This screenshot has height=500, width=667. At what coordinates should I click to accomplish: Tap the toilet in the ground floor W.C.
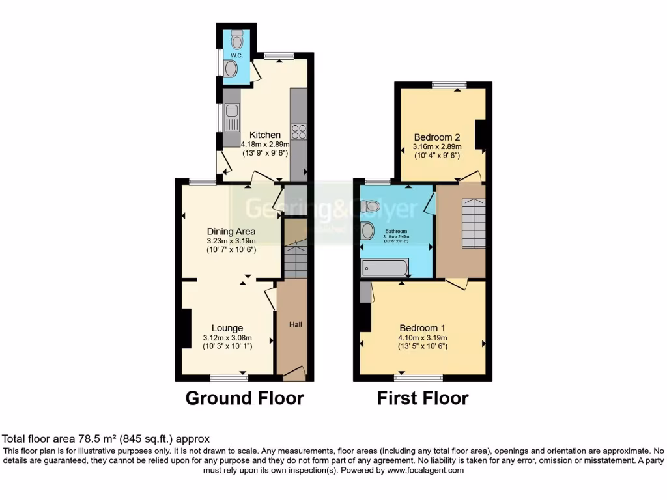click(x=236, y=40)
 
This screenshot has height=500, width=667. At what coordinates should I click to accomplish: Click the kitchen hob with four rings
click(x=298, y=132)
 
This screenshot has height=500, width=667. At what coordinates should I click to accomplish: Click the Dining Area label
click(x=231, y=231)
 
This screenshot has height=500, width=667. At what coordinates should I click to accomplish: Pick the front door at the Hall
click(x=294, y=373)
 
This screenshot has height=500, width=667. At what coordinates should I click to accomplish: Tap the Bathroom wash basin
click(x=367, y=230)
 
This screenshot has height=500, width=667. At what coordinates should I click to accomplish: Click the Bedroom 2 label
click(x=437, y=137)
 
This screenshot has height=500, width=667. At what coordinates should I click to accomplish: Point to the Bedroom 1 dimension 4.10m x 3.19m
click(x=423, y=338)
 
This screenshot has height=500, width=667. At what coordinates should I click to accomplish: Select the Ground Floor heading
click(x=245, y=398)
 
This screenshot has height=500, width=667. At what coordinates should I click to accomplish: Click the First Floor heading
click(x=423, y=398)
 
